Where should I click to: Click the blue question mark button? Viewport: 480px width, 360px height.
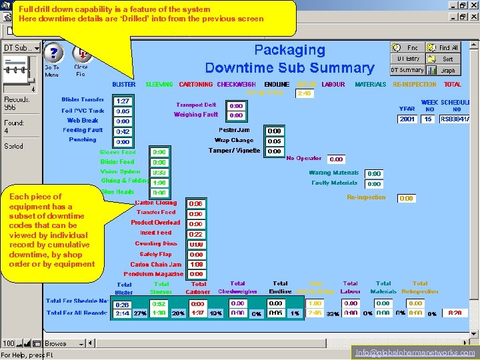click(53, 53)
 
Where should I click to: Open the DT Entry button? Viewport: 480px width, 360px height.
click(407, 59)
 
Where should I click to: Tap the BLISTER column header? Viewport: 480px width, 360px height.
click(123, 85)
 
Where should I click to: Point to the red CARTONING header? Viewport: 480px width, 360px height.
click(196, 85)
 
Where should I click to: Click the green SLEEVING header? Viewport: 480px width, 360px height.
click(159, 85)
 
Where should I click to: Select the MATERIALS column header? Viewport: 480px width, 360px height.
click(370, 85)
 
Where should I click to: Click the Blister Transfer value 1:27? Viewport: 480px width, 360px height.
click(123, 101)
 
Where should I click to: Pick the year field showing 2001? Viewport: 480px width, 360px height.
click(407, 119)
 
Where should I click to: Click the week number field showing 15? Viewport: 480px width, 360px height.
click(427, 119)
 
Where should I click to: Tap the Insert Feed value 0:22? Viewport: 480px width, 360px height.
click(196, 235)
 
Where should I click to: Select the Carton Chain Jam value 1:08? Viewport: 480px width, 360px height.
click(196, 265)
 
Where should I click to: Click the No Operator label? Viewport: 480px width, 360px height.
click(303, 159)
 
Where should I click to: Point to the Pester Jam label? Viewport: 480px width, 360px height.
click(234, 130)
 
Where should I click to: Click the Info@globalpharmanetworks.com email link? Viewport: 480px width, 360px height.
click(415, 353)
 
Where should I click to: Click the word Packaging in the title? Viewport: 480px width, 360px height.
click(289, 50)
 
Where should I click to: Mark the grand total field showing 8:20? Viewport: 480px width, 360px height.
click(455, 313)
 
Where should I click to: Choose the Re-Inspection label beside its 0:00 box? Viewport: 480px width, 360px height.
click(366, 197)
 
